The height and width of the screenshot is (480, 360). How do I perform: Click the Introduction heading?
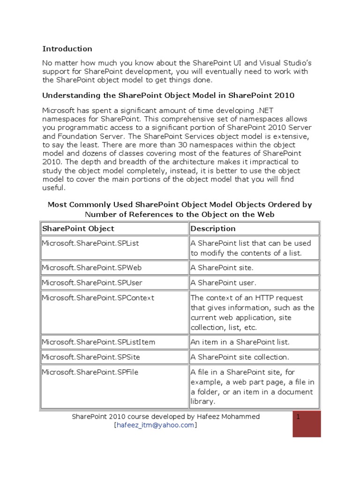pyautogui.click(x=67, y=49)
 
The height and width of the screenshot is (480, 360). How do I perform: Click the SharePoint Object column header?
pyautogui.click(x=78, y=229)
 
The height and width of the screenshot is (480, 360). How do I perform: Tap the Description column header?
pyautogui.click(x=213, y=229)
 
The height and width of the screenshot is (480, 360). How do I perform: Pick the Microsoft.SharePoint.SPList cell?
pyautogui.click(x=90, y=244)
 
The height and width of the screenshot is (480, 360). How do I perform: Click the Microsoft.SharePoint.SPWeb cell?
pyautogui.click(x=91, y=268)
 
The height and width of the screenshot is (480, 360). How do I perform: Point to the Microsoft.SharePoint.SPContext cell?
pyautogui.click(x=97, y=298)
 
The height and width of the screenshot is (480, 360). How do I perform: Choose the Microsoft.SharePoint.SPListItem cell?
pyautogui.click(x=98, y=342)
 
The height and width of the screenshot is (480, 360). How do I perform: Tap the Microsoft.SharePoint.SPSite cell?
pyautogui.click(x=90, y=357)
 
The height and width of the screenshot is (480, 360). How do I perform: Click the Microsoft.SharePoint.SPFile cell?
pyautogui.click(x=90, y=372)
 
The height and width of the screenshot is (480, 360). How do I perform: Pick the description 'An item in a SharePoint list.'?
pyautogui.click(x=240, y=342)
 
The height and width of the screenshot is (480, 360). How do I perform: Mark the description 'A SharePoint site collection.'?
pyautogui.click(x=240, y=357)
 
